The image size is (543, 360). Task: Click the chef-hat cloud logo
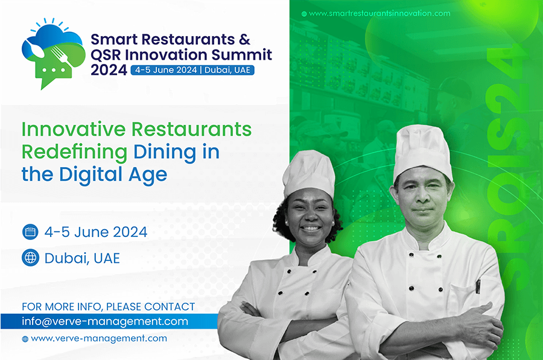point(53,54)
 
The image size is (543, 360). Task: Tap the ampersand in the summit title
point(244,39)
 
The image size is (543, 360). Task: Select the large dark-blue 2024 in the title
point(109,71)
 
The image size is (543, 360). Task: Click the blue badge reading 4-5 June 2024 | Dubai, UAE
point(192,71)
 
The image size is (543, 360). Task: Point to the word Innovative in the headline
point(74,129)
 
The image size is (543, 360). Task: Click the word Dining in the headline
point(165,153)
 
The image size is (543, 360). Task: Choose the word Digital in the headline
point(91,175)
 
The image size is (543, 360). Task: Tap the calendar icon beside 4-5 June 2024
point(31,232)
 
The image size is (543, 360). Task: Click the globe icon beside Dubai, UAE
point(31,258)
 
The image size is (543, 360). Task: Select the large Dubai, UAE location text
point(82,258)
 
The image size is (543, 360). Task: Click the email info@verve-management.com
point(105,321)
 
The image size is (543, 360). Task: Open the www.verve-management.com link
point(99,338)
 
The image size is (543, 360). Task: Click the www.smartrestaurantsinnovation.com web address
point(379,13)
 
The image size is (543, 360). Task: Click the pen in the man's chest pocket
point(478,286)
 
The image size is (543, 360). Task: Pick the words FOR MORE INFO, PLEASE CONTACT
point(109,307)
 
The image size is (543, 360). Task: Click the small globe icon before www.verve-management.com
point(25,339)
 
